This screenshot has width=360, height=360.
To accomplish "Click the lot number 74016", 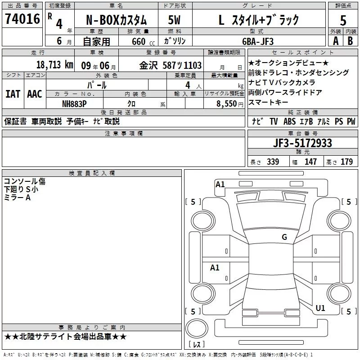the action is [x=22, y=19].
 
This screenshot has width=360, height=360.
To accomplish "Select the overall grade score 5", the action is [x=343, y=21].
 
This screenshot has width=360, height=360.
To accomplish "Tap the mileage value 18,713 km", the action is [x=55, y=65].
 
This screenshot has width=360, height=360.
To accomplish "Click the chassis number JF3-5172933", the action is [x=302, y=143].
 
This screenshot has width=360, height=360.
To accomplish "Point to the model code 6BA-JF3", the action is [x=258, y=41].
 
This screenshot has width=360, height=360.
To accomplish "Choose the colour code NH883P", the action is [x=74, y=104].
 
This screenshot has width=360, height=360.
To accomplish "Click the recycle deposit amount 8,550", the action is [x=227, y=104].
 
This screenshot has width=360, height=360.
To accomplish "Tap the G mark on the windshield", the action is [x=284, y=237].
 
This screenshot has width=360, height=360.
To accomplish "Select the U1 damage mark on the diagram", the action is [x=320, y=308].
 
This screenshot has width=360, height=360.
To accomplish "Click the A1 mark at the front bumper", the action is [x=220, y=184].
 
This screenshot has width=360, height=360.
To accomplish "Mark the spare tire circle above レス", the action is [x=197, y=328].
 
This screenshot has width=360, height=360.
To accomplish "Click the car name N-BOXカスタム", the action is [x=116, y=20].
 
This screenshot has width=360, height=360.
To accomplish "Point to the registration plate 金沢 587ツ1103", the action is [x=171, y=65].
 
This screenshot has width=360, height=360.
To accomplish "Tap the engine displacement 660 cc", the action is [x=143, y=42].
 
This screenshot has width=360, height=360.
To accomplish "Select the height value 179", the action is [x=346, y=162].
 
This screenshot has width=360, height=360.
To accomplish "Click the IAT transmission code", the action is [x=13, y=94].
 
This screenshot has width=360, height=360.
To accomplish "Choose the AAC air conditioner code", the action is [x=35, y=94].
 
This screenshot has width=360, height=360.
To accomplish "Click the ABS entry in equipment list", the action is [x=289, y=121].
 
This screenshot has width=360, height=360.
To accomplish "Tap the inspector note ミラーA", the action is [x=17, y=198].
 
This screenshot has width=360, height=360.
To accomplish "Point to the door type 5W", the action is [x=175, y=20].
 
